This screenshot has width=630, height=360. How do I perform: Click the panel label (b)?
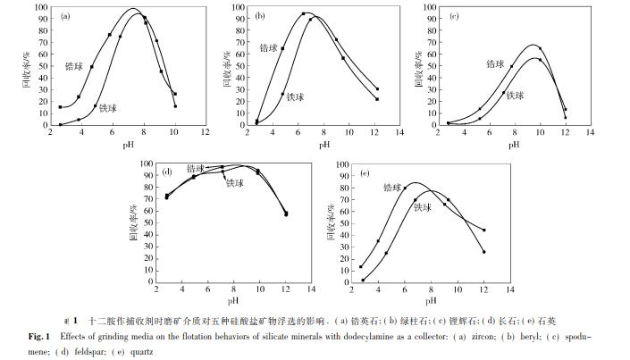click(259, 16)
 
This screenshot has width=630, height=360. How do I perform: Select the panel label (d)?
click(166, 171)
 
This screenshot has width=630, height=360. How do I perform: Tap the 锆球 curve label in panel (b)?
click(270, 47)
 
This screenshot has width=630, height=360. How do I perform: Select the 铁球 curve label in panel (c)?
click(514, 95)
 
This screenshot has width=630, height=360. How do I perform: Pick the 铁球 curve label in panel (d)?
click(234, 183)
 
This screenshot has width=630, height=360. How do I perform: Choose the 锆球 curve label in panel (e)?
click(391, 187)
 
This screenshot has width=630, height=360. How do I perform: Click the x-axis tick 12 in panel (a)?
click(205, 132)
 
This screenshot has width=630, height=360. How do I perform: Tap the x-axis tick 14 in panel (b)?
click(399, 132)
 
